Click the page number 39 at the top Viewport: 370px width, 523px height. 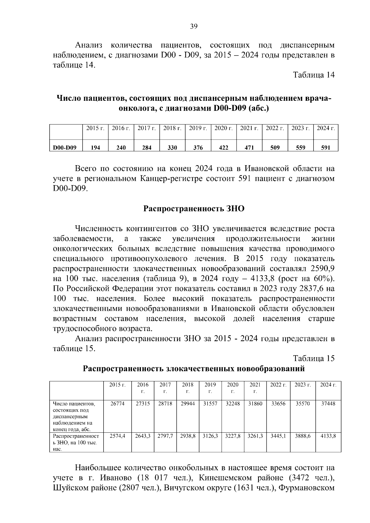[194, 27]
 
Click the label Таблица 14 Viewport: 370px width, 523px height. [314, 75]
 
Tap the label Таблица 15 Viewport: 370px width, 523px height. [314, 358]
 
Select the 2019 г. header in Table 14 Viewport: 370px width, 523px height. [198, 128]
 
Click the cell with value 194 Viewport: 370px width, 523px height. [95, 148]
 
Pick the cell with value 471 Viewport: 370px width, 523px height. [249, 148]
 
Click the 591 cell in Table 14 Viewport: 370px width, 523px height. [326, 148]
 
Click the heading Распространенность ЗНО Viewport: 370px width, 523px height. [194, 209]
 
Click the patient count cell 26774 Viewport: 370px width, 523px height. [117, 403]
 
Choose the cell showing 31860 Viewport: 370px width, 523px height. [255, 403]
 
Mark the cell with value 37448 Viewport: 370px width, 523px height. [328, 403]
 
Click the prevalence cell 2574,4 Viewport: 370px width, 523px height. [117, 436]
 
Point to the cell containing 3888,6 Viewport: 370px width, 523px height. [303, 436]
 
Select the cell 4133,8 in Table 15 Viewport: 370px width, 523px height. [328, 436]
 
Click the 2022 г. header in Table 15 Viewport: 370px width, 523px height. [278, 385]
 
